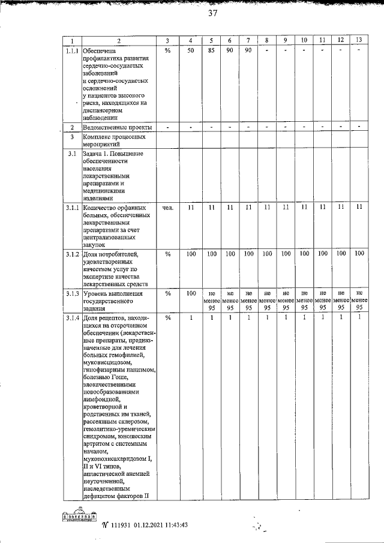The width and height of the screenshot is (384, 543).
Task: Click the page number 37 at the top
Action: [x=212, y=16]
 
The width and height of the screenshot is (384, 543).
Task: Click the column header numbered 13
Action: [x=359, y=40]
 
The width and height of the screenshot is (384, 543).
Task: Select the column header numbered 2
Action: [x=119, y=41]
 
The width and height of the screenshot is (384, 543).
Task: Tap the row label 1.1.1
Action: [x=72, y=50]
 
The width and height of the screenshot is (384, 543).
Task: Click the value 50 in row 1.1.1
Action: [x=191, y=50]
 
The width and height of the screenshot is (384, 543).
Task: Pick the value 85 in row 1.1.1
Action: [x=212, y=50]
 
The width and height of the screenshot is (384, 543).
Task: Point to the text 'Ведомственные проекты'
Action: [x=117, y=128]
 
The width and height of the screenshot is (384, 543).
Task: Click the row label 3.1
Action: [x=72, y=154]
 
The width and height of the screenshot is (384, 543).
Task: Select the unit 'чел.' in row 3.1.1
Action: [x=168, y=208]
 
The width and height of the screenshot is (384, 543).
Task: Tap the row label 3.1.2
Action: [x=72, y=254]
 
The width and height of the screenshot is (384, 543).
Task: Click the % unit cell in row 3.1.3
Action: [x=168, y=293]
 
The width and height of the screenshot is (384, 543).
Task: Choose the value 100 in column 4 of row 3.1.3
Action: [x=191, y=293]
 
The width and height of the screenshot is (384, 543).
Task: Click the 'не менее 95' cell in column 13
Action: [x=359, y=300]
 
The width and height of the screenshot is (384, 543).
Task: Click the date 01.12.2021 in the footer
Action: [x=147, y=524]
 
